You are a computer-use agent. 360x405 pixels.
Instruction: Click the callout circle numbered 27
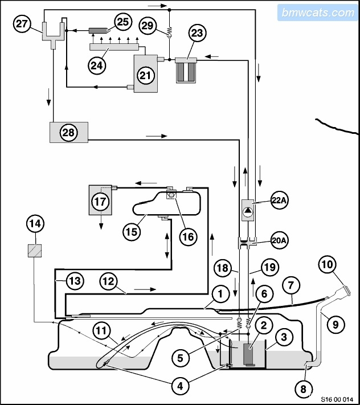pos(22,24)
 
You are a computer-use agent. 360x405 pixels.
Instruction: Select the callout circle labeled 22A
pos(280,200)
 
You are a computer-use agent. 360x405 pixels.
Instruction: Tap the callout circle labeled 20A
pos(280,240)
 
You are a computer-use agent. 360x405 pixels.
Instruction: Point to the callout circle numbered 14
pos(35,224)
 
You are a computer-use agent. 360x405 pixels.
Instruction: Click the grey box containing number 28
pos(69,132)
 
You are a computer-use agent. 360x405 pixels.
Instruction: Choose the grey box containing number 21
pos(145,73)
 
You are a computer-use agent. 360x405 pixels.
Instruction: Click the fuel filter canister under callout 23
pos(186,70)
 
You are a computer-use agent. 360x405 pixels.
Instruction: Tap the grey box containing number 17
pos(100,200)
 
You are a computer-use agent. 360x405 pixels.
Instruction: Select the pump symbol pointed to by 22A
pos(248,210)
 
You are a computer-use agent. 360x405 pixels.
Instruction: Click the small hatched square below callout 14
pos(35,251)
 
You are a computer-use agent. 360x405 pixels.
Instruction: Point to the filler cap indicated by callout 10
pos(346,289)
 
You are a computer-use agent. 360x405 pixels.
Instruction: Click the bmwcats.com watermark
pos(318,13)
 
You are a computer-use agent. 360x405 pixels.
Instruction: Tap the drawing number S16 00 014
pos(337,399)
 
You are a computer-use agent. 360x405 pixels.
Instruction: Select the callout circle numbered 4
pos(180,386)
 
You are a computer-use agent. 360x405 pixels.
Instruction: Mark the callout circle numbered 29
pos(148,26)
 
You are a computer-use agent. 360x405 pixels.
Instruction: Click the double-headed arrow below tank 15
pos(167,246)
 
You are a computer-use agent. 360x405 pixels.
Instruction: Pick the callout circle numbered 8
pos(303,389)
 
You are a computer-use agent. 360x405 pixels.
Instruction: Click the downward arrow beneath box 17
pos(101,222)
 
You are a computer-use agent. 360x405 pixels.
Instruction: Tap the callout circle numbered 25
pos(123,22)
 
